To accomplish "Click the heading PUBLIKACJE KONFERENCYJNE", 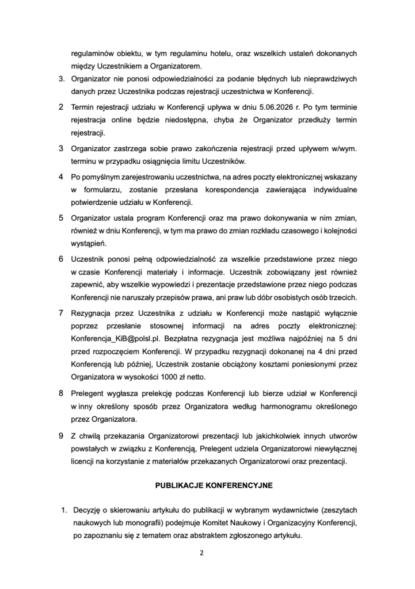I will tap(214, 485).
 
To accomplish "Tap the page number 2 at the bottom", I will tap(201, 553).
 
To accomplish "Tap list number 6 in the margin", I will tap(61, 259).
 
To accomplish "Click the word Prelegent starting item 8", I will tap(89, 393).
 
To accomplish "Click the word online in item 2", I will tap(125, 121).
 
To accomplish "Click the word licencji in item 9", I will tap(84, 462).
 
